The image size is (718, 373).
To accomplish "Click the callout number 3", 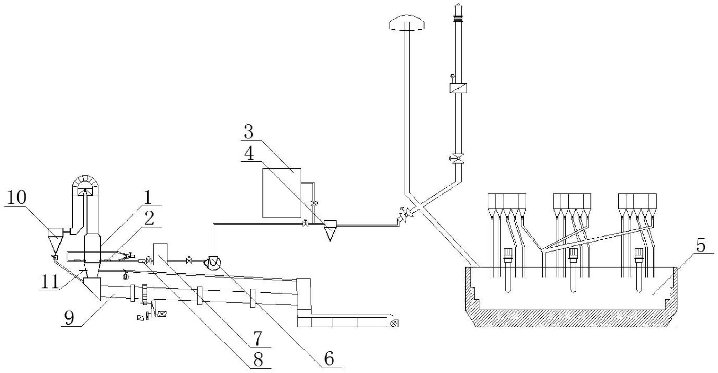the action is (x=249, y=132).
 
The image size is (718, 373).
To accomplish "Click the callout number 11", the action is (x=50, y=283).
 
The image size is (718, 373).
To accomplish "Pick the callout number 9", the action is (x=69, y=318).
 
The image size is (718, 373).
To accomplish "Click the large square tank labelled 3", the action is (x=282, y=193).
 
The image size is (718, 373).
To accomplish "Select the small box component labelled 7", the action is (x=160, y=254).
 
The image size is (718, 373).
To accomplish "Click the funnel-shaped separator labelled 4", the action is (x=330, y=230).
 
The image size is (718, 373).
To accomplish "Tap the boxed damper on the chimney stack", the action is (x=458, y=88).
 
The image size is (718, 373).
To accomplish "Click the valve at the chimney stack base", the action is (x=458, y=158).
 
